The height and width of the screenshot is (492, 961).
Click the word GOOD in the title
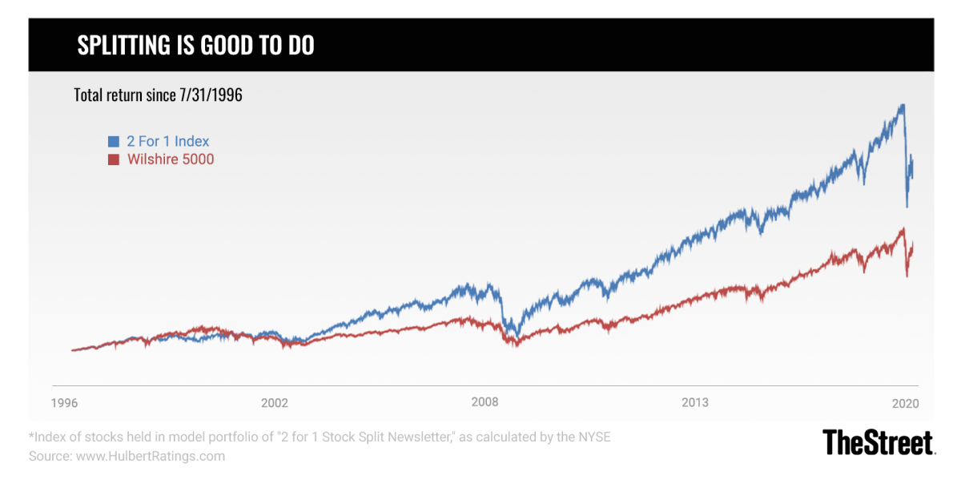point(225,46)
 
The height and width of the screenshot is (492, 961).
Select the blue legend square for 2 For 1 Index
point(114,142)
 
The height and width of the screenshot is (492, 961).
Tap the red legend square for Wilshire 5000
point(114,159)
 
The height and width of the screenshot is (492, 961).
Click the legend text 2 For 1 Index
point(168,142)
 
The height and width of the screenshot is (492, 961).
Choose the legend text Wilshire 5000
point(171,159)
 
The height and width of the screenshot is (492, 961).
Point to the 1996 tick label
point(66,402)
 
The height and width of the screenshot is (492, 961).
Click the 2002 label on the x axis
point(274,402)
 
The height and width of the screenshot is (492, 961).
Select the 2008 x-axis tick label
point(485,402)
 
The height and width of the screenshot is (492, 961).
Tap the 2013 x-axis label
point(695,402)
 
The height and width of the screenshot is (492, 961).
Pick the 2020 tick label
point(905,402)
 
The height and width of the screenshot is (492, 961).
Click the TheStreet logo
point(879,442)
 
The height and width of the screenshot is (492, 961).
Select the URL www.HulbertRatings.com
point(151,456)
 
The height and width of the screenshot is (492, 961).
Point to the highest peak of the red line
point(903,228)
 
